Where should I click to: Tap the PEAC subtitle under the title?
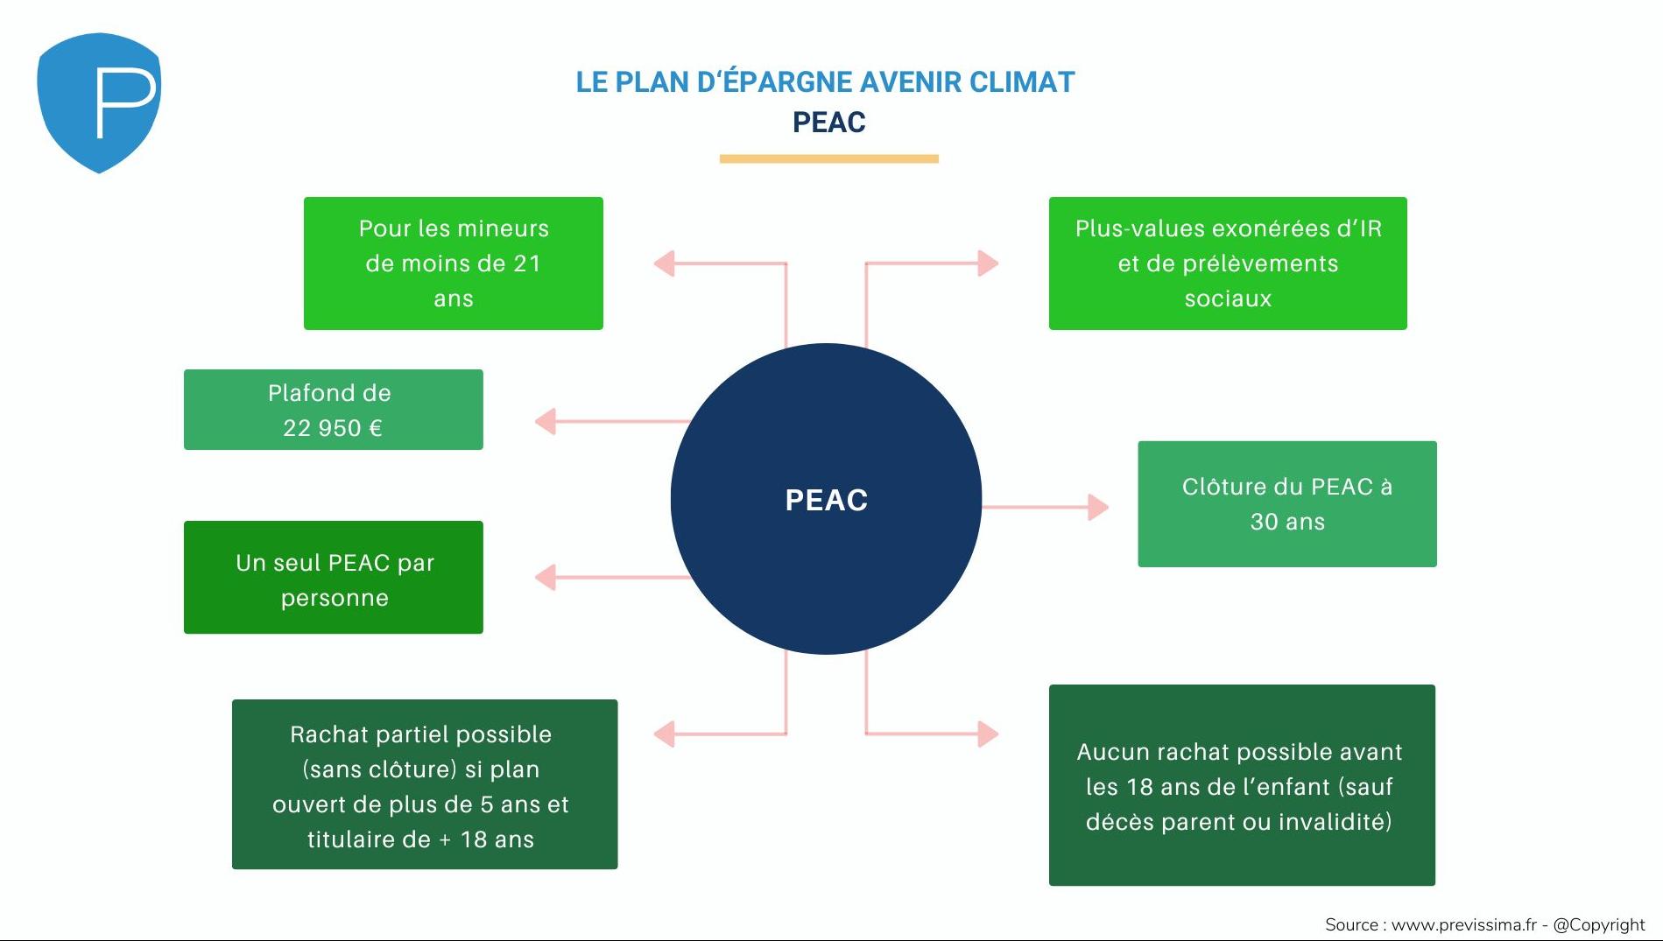(828, 123)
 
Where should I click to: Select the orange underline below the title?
(828, 158)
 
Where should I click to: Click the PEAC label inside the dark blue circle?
(826, 500)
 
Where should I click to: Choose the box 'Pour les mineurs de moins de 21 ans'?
(453, 263)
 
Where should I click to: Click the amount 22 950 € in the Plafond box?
(333, 428)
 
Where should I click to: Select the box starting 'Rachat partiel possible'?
(424, 784)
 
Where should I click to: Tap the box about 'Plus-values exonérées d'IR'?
(1227, 263)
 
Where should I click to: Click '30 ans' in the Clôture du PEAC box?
(1286, 522)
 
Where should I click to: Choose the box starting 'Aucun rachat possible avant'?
(1241, 785)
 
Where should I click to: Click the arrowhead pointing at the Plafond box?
(546, 421)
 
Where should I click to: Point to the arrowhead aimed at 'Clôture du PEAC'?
(1098, 507)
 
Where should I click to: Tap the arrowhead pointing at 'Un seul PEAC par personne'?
(546, 578)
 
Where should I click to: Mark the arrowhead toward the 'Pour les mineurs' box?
(665, 263)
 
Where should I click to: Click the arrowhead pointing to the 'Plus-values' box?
(988, 263)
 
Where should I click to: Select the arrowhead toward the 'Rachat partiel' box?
(665, 734)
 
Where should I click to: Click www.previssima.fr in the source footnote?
(1463, 924)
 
